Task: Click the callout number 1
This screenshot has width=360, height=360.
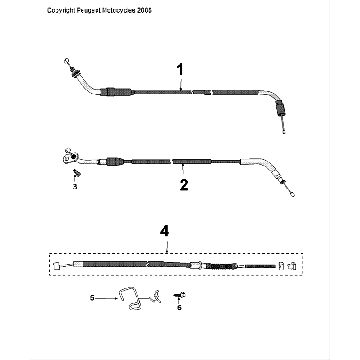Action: (x=180, y=71)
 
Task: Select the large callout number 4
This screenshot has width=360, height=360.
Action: (x=164, y=231)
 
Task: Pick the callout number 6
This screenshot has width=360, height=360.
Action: (x=180, y=310)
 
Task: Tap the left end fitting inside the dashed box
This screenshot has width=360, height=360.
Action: (x=61, y=265)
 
